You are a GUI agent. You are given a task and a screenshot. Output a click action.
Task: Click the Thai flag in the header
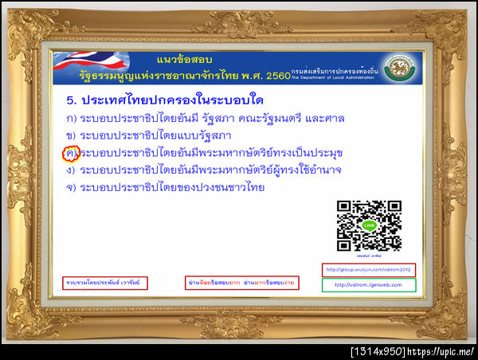(88, 67)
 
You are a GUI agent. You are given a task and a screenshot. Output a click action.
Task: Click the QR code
(369, 225)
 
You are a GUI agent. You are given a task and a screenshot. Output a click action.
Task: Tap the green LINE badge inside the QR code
(368, 225)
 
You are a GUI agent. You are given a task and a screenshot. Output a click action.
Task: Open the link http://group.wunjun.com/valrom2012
(368, 269)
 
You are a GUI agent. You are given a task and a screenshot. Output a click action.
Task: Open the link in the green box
(368, 284)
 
